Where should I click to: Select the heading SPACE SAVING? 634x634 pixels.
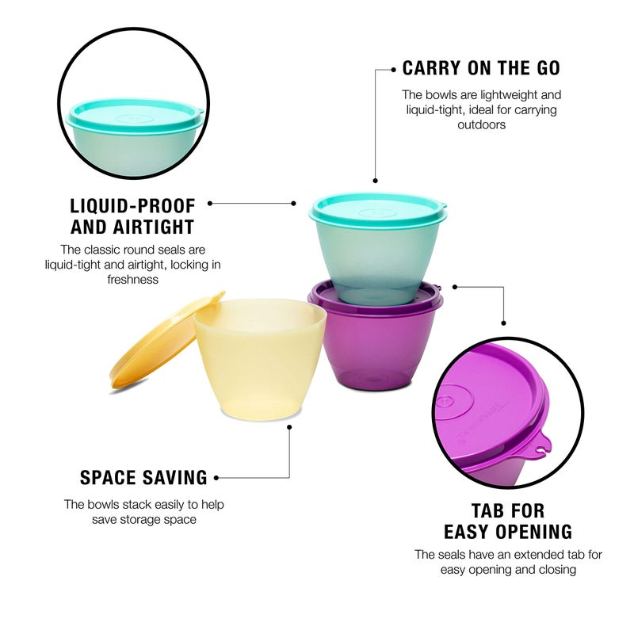pos(143,478)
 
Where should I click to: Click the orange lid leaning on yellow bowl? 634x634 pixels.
pos(162,342)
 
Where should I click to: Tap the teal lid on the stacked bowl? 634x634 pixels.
pos(377,208)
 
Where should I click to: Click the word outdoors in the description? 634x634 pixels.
pos(481,124)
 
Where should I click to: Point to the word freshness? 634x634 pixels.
pos(132,279)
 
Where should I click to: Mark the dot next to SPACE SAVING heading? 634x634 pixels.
pos(216,478)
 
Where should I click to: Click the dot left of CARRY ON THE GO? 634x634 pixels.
pos(394,70)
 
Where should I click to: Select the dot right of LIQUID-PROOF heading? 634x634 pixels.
pos(210,203)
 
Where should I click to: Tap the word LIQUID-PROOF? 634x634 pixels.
pos(132,204)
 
